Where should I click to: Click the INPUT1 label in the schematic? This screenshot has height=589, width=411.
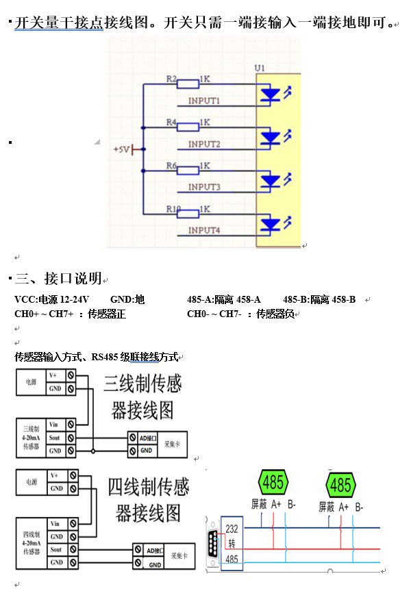tap(203, 101)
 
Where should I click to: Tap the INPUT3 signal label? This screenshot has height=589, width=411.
tap(203, 187)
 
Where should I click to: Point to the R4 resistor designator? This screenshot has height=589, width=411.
tap(171, 123)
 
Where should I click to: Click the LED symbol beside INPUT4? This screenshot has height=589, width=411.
tap(271, 224)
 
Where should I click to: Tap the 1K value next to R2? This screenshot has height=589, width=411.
tap(204, 79)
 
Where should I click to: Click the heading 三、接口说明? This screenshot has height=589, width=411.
tap(58, 279)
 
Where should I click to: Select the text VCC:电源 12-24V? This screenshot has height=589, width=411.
tap(52, 300)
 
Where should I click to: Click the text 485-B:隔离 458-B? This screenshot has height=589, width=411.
tap(319, 300)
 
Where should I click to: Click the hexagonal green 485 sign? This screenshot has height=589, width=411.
tap(273, 482)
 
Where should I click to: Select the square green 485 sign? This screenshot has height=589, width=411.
tap(340, 486)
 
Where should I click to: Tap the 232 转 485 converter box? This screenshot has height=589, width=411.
tap(232, 544)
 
